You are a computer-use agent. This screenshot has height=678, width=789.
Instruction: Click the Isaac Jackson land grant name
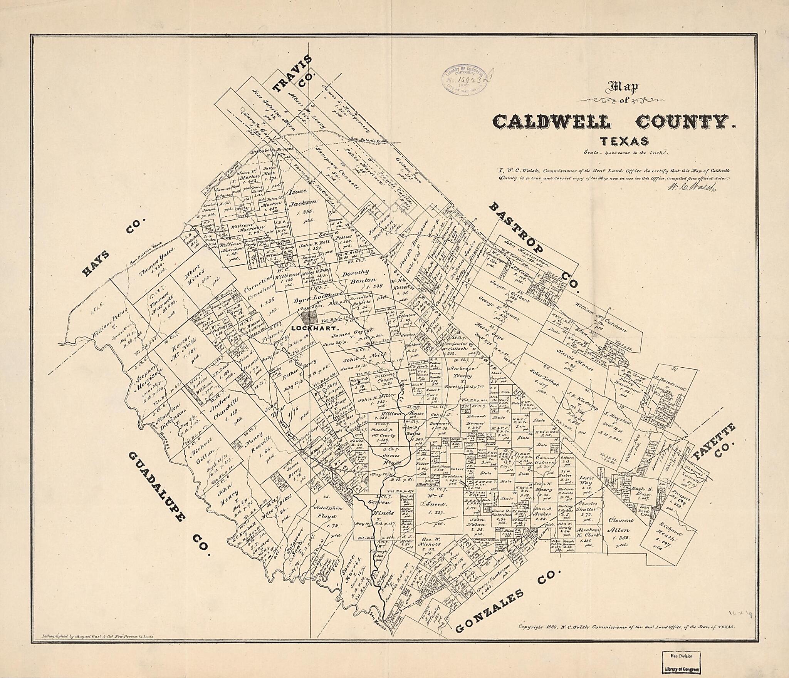pos(302,202)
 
